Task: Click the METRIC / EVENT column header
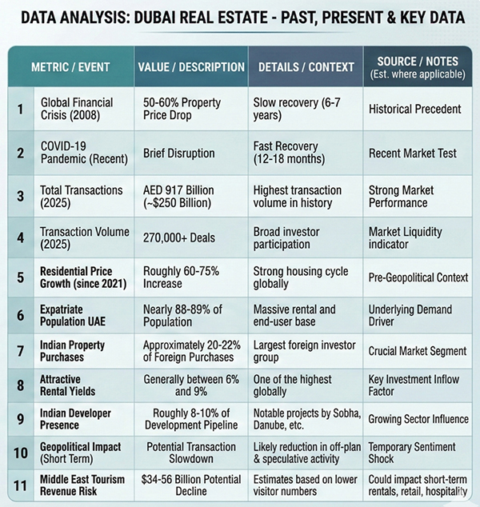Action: [71, 67]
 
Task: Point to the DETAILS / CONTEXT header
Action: [306, 67]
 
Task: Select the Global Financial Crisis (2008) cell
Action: [77, 109]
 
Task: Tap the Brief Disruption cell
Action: [179, 153]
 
